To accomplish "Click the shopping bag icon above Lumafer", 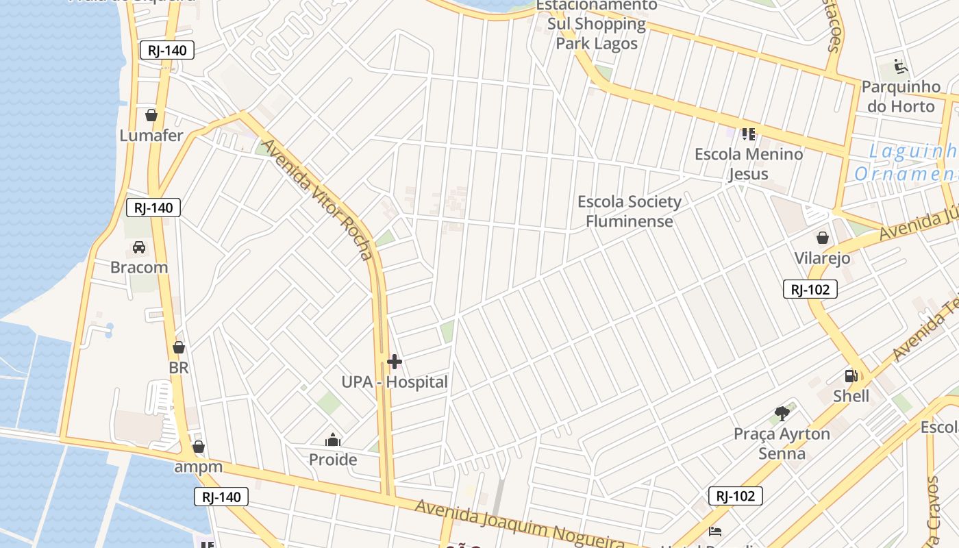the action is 151,115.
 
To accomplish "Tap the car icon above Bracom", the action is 139,247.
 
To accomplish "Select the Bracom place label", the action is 139,267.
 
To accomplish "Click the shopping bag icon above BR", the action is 179,348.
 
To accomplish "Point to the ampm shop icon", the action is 199,447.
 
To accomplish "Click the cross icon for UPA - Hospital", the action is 395,362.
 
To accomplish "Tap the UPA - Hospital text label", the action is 395,382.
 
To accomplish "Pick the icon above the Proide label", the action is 333,440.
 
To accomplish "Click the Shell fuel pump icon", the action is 851,376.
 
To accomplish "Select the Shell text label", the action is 851,396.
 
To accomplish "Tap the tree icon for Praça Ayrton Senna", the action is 782,413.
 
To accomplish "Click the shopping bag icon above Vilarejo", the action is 822,238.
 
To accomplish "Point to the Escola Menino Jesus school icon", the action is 748,134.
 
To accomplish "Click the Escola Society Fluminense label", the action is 630,211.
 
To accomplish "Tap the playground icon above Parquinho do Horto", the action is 900,67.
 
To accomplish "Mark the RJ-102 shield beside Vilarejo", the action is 810,290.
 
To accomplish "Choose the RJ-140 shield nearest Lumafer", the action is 167,50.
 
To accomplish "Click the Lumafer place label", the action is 151,135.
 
